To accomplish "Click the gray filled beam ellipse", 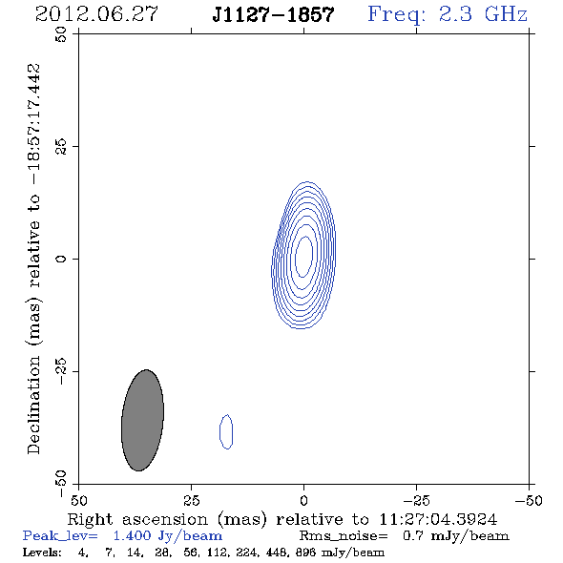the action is pos(142,420).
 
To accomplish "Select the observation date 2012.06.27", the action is pos(96,14).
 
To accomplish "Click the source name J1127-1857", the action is pos(273,14).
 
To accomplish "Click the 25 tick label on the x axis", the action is pos(191,501).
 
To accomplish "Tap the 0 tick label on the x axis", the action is pos(303,501).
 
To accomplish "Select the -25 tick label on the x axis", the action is pos(416,501).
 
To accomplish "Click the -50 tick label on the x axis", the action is pos(529,501).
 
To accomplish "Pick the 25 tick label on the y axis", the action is pos(61,147).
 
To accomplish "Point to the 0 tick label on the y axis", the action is pos(61,259).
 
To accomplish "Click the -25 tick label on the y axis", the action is pos(61,371).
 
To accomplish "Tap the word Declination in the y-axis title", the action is pos(33,405).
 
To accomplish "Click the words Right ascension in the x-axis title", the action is pos(137,519).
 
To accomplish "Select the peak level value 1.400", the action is pos(132,536).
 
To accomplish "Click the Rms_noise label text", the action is pos(344,536).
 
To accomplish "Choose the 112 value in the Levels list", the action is pos(214,553).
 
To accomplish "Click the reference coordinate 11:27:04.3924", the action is pos(438,519).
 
